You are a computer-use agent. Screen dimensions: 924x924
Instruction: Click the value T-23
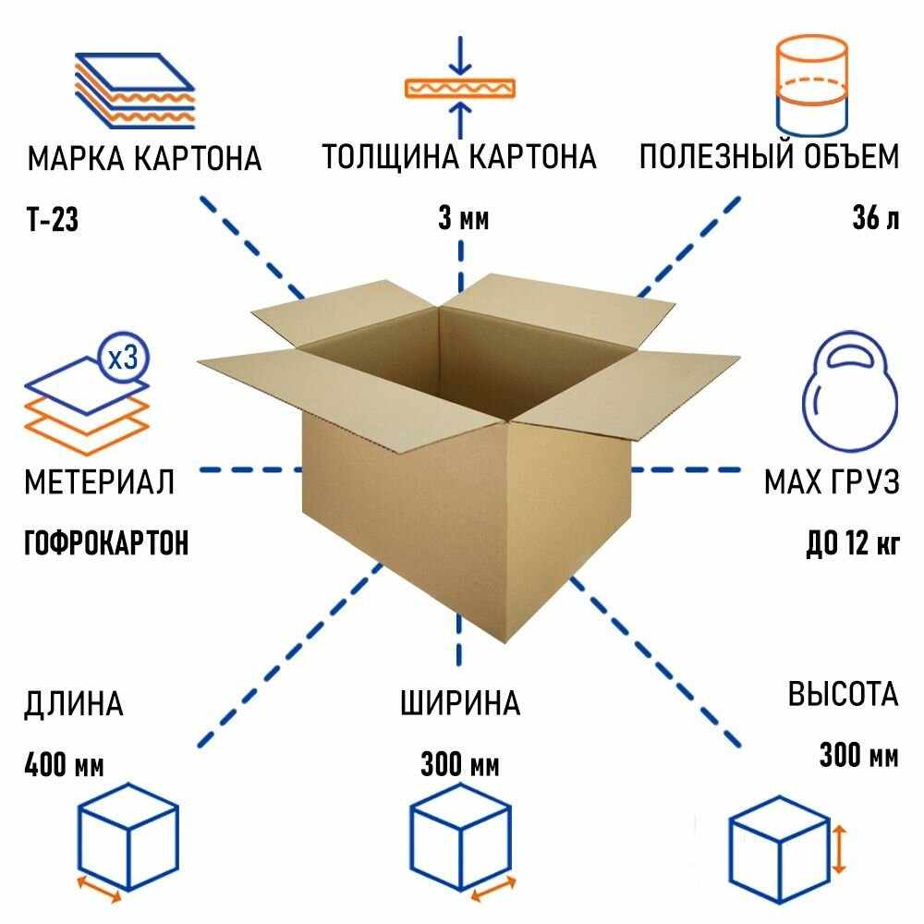(x=53, y=221)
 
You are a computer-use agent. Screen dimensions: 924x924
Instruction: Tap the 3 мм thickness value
(x=462, y=220)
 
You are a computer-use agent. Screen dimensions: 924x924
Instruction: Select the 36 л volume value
(x=874, y=220)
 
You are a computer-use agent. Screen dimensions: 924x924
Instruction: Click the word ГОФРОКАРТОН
(x=106, y=542)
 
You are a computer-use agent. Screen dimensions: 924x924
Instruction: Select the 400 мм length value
(x=65, y=765)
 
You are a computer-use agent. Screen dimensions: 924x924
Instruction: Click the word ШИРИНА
(x=460, y=705)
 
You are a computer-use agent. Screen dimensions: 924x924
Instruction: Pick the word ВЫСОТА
(x=843, y=694)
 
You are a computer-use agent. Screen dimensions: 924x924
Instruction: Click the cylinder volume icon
(x=811, y=86)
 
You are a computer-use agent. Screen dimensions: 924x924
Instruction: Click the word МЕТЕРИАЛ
(x=99, y=481)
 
